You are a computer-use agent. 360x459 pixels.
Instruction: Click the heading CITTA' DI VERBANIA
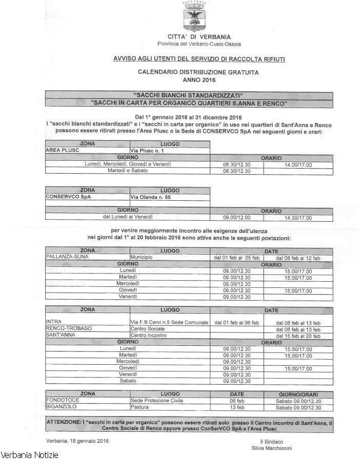[199, 37]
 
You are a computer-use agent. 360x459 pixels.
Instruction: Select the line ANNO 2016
[199, 80]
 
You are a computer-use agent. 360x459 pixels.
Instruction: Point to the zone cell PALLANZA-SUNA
[67, 257]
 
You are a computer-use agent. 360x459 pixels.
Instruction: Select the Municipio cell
[142, 257]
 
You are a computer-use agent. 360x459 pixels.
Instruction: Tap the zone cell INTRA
[53, 322]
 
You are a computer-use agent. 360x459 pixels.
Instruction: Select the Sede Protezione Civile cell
[156, 401]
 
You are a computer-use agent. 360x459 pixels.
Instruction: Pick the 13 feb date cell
[236, 407]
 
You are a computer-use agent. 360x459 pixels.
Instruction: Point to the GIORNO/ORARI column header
[298, 394]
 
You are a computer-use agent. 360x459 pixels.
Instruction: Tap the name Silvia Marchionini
[275, 448]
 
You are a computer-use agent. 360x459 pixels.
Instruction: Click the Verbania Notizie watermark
[30, 454]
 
